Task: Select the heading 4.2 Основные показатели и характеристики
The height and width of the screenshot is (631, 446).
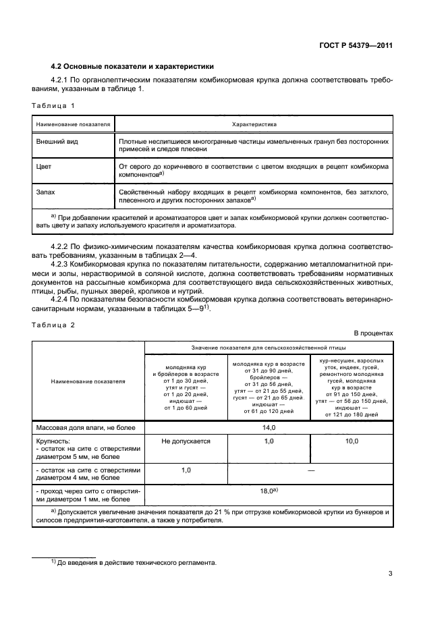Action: [x=132, y=67]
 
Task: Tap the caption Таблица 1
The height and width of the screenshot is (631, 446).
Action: [x=53, y=106]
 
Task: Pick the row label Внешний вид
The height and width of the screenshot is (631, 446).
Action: [x=55, y=142]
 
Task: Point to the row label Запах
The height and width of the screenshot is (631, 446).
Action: [x=46, y=192]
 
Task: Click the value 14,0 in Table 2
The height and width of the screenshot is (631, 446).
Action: [x=269, y=428]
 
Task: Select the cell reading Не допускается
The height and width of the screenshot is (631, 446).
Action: [x=186, y=441]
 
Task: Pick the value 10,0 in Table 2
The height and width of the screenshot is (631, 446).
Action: [x=352, y=441]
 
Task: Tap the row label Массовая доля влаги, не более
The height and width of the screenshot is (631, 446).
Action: [x=86, y=428]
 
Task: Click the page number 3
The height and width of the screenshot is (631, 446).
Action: [x=391, y=574]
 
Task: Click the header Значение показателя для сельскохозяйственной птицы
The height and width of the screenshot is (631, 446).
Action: [x=269, y=347]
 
